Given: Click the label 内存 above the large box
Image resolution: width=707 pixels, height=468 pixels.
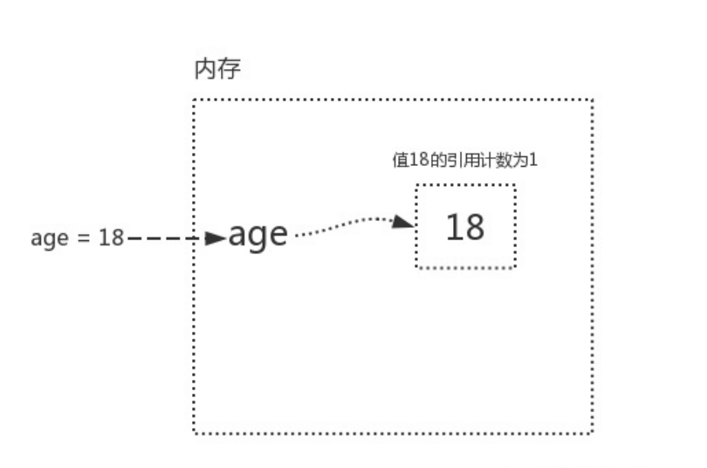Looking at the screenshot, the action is (216, 71).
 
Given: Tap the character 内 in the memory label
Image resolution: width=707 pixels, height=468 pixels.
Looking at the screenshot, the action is (204, 71).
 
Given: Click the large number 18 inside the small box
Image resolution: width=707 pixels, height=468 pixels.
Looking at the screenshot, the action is (465, 227).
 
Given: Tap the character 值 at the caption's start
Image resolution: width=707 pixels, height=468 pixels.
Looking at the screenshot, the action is (398, 161).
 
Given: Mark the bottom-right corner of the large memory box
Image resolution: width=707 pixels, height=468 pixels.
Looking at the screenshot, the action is (593, 432).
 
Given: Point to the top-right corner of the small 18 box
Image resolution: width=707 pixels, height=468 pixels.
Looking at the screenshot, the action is (515, 185).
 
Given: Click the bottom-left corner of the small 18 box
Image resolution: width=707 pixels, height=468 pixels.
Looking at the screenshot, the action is (416, 267).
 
